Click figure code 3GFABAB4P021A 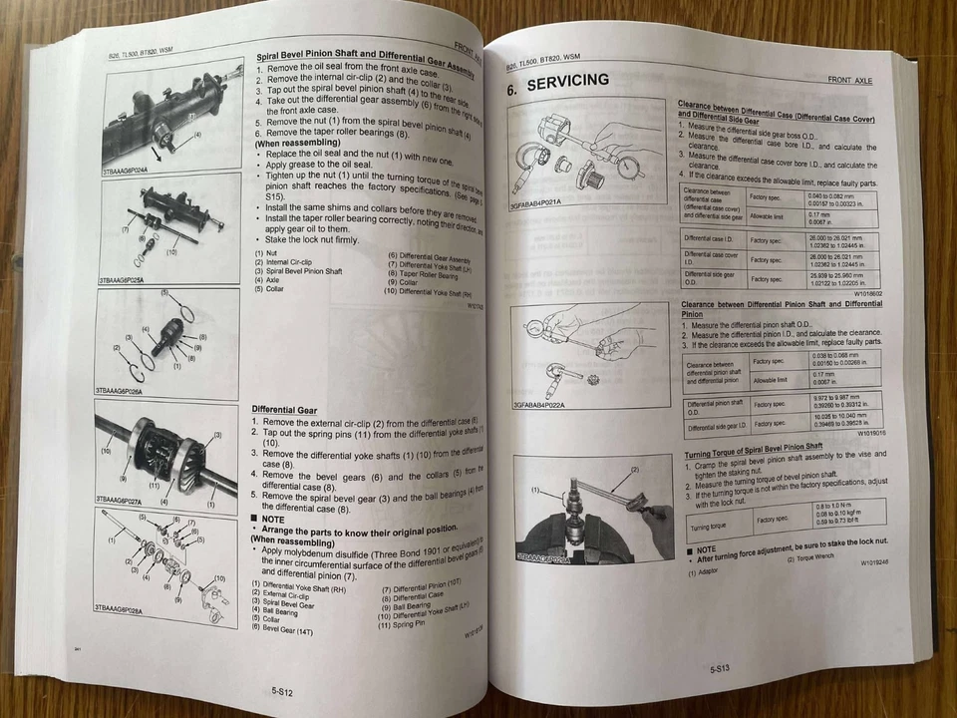pos(536,203)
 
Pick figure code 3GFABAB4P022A pos(539,406)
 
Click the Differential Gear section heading pos(284,409)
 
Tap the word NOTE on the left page pos(272,519)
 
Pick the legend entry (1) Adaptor pos(706,572)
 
